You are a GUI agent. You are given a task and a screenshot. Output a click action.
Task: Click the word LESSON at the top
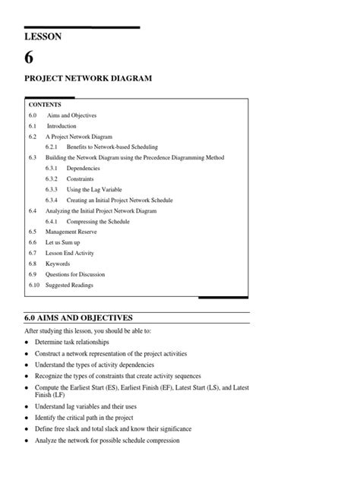point(44,36)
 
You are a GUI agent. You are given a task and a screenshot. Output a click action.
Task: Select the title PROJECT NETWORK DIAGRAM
point(88,78)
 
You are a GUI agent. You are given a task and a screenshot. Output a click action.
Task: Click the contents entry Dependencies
point(83,168)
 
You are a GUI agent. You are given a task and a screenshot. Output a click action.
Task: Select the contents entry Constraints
point(81,178)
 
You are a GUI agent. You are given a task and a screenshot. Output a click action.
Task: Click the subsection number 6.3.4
point(52,200)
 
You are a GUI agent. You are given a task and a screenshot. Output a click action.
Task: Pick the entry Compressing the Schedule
point(98,221)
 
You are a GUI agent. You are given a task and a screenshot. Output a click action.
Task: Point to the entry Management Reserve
point(74,232)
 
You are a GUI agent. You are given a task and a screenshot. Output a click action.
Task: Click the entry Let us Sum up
point(65,242)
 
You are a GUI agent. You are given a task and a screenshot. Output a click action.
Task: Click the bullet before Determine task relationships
point(27,343)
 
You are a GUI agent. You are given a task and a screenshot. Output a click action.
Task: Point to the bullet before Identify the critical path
point(27,418)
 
